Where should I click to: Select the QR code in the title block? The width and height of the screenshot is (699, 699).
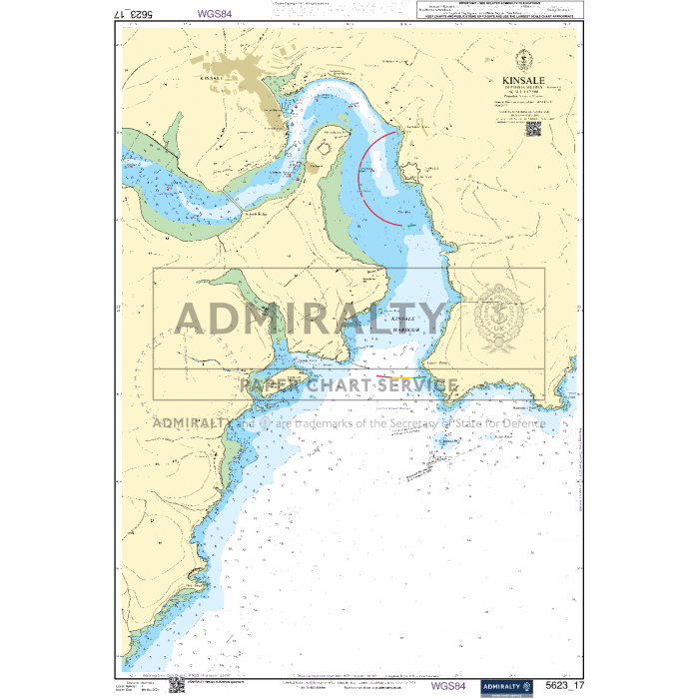point(533,128)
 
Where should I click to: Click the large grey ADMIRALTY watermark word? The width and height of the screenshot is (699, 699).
point(310,318)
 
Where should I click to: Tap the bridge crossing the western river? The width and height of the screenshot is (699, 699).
point(233,201)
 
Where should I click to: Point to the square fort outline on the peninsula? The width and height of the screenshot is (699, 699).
point(325,150)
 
